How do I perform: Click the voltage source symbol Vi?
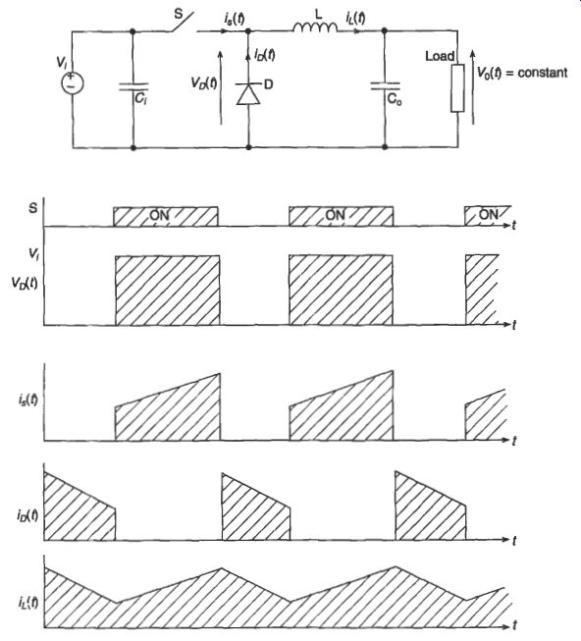(73, 83)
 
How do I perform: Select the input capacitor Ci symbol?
(133, 86)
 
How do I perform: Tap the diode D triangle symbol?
(248, 93)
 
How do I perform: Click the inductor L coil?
(315, 27)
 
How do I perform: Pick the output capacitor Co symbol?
(385, 85)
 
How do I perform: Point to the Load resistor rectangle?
(457, 88)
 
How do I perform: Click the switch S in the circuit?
(182, 23)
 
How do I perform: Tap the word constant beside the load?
(543, 73)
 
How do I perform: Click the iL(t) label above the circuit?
(355, 18)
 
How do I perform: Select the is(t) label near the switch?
(235, 18)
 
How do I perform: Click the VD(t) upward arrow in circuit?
(221, 87)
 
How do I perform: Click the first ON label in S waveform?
(159, 215)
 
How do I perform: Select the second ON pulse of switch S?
(341, 216)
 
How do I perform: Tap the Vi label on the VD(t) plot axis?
(34, 254)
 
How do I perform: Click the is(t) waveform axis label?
(27, 399)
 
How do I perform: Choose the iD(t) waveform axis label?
(27, 515)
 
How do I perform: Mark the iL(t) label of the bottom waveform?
(28, 602)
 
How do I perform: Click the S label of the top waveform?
(32, 208)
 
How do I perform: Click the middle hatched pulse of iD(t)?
(256, 507)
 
